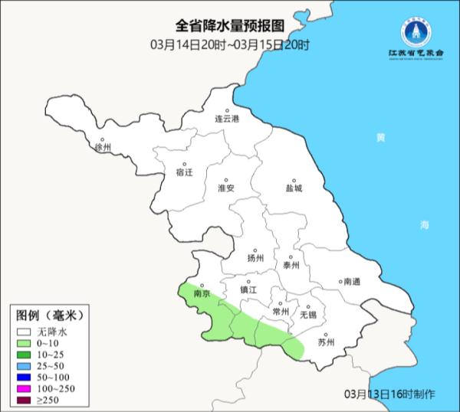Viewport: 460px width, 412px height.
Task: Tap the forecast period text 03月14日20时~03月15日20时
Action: coord(230,44)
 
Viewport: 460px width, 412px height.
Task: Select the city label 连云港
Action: coord(226,119)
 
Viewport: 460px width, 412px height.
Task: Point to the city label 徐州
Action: coord(102,147)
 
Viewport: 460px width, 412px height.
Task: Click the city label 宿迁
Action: coord(184,172)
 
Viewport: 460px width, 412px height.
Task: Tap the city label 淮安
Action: coord(225,188)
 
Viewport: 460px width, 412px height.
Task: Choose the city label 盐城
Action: coord(294,188)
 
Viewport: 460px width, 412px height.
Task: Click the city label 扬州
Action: coord(255,258)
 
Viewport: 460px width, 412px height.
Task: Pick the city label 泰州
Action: coord(291,265)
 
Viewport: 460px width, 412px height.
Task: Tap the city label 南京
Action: coord(202,293)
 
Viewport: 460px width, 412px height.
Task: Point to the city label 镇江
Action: coord(249,290)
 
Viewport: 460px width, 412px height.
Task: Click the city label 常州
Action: coord(281,312)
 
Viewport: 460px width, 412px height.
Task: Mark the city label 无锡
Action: coord(308,315)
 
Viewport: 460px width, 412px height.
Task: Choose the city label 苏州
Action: coord(327,342)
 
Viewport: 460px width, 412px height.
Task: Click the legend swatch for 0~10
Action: coord(25,345)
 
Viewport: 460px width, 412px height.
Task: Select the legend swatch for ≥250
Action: coord(25,401)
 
